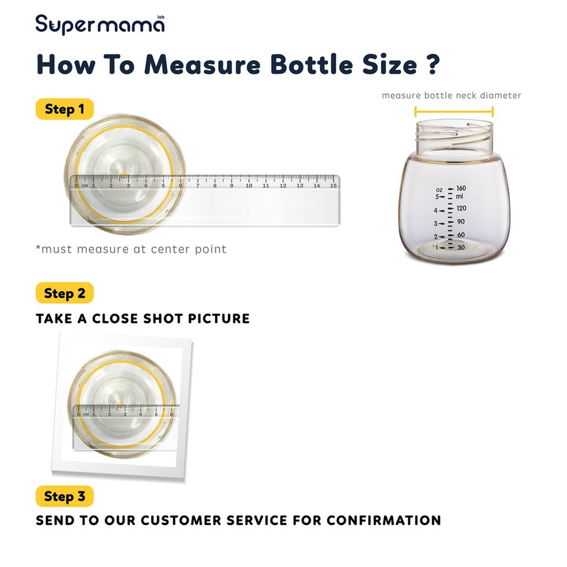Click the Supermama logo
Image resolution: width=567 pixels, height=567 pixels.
click(100, 24)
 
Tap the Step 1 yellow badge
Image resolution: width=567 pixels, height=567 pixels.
click(65, 109)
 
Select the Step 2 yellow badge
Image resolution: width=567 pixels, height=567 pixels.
click(65, 293)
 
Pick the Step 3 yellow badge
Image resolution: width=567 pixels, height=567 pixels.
click(65, 496)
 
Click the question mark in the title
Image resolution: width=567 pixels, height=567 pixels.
click(433, 65)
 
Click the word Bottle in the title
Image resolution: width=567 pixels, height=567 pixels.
click(311, 65)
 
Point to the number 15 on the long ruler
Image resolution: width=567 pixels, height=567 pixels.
click(333, 185)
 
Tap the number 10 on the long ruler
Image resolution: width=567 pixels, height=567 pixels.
click(249, 185)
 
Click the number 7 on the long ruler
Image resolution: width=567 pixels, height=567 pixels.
click(197, 185)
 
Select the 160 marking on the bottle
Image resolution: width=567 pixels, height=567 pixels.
click(461, 188)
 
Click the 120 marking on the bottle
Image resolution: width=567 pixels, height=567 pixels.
click(461, 208)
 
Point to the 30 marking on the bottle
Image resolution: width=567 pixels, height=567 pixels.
click(461, 247)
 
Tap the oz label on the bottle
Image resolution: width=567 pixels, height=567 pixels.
click(439, 190)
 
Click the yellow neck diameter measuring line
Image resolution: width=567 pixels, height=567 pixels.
click(454, 111)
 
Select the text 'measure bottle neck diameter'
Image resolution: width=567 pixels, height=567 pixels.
click(451, 95)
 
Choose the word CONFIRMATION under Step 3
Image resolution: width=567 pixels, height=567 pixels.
click(384, 521)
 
